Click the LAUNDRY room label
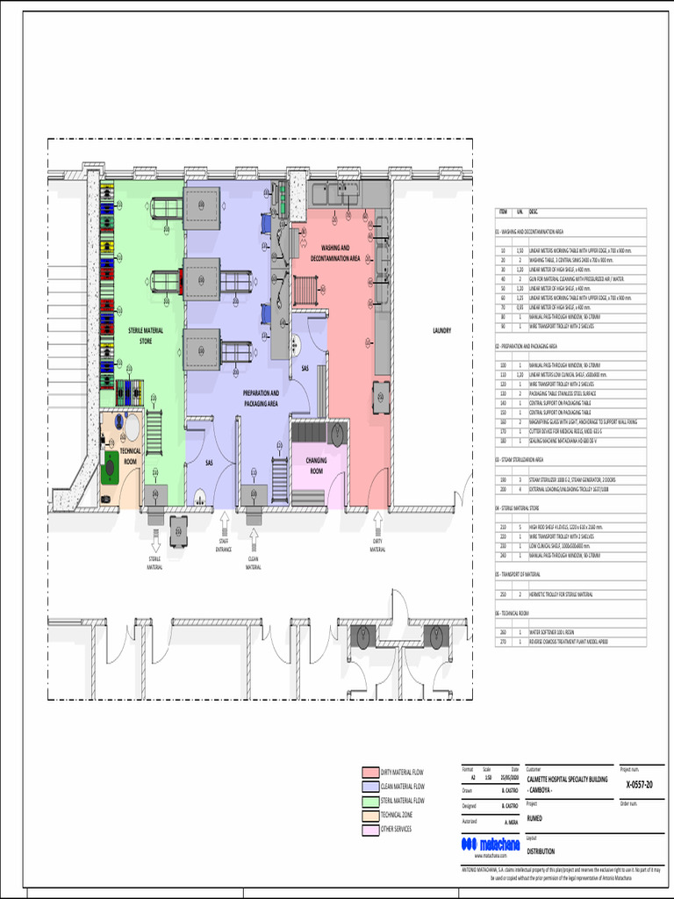(441, 331)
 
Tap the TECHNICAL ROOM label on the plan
(130, 456)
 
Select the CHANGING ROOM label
(316, 464)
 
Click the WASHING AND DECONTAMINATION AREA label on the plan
(334, 254)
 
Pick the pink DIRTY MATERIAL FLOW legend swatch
(370, 773)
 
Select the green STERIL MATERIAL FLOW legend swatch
(370, 801)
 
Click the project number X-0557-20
(639, 784)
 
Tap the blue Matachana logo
(490, 844)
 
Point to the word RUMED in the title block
(534, 817)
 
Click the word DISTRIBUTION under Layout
(541, 850)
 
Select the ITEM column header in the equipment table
(503, 212)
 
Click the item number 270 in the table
(503, 642)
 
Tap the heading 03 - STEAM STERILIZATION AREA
(520, 459)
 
